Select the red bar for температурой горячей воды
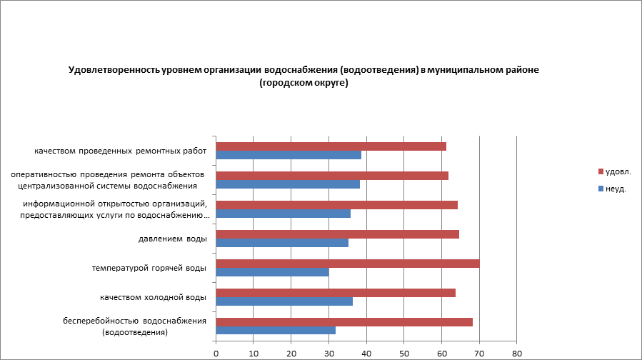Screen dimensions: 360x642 click(x=347, y=264)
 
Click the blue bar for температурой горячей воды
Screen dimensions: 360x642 click(x=272, y=272)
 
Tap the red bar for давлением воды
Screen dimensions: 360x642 click(x=337, y=234)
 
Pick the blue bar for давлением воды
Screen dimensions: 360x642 click(x=282, y=243)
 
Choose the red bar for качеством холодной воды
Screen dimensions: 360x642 click(x=336, y=293)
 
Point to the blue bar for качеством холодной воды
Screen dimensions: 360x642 click(x=284, y=301)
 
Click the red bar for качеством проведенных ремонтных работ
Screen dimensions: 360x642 click(x=331, y=146)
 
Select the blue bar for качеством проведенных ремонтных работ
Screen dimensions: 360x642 click(x=289, y=155)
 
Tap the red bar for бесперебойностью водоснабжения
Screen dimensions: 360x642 click(x=344, y=322)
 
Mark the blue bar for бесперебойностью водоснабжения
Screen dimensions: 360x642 click(x=276, y=331)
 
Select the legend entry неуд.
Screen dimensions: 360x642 click(x=616, y=189)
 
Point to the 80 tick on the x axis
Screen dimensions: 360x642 click(x=517, y=353)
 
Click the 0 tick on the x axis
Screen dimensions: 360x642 click(x=216, y=353)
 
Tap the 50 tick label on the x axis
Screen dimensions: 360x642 click(x=404, y=353)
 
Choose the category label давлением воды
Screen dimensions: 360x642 click(x=173, y=239)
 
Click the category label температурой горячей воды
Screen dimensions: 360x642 click(x=149, y=268)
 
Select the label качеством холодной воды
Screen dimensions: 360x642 click(x=153, y=297)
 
